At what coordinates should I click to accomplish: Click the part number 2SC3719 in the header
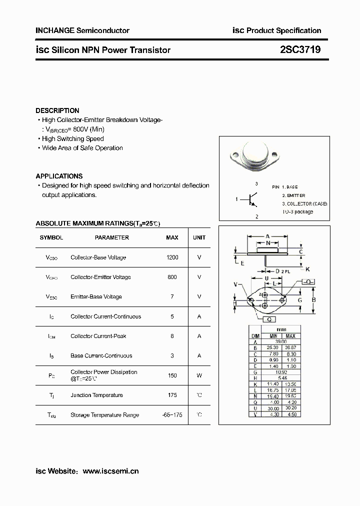(300, 49)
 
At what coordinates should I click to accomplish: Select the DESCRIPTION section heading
(57, 110)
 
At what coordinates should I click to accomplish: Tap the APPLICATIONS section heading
(59, 176)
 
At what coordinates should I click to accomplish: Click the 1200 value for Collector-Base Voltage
(172, 257)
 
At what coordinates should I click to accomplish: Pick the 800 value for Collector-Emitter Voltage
(172, 277)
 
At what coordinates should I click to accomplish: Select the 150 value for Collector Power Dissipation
(172, 375)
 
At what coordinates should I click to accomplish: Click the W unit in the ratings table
(199, 375)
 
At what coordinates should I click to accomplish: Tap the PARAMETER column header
(112, 237)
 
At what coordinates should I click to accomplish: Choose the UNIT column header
(199, 237)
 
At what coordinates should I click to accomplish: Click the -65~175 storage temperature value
(172, 415)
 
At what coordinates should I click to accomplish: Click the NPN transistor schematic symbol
(251, 199)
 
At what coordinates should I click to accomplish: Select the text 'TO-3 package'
(298, 211)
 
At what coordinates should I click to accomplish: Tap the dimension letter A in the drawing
(267, 236)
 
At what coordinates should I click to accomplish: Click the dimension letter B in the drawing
(313, 300)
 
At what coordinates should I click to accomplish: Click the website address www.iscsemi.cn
(110, 471)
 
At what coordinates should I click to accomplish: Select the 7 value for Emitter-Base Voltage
(172, 296)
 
